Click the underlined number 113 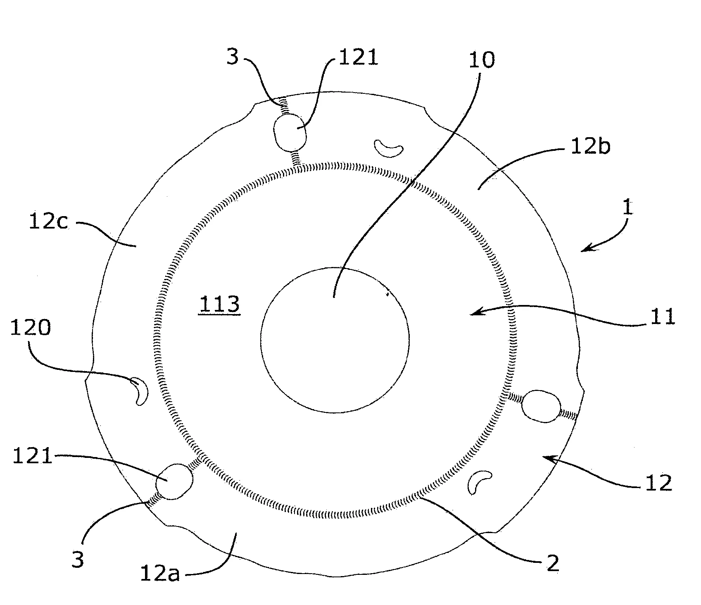click(x=219, y=305)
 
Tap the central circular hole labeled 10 click(x=335, y=340)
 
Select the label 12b click(x=590, y=147)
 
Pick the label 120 click(x=31, y=328)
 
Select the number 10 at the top click(x=481, y=60)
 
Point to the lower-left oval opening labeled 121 click(x=174, y=481)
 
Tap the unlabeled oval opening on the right click(x=541, y=406)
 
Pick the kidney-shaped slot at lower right click(x=480, y=481)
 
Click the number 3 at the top click(x=233, y=57)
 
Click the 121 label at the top click(x=358, y=57)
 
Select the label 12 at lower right click(x=658, y=482)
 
